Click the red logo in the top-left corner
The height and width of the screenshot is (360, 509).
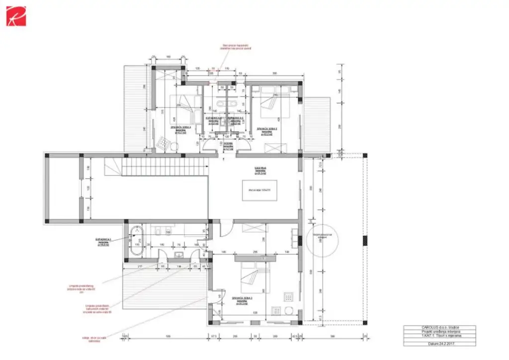pos(16,16)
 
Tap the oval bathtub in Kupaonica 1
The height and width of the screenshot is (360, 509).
pos(137,241)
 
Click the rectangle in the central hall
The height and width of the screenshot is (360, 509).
pos(258,190)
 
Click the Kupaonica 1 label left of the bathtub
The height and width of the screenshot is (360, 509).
pos(104,241)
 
